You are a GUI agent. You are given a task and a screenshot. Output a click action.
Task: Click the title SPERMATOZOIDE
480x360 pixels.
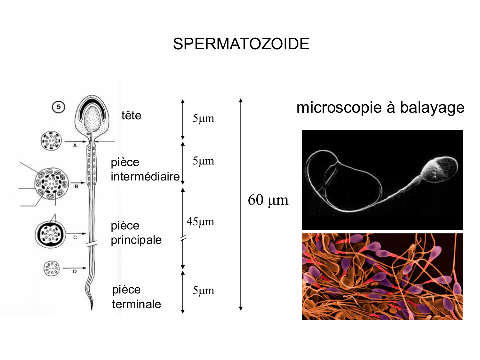(241, 44)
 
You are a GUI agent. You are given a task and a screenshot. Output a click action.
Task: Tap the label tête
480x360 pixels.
(131, 115)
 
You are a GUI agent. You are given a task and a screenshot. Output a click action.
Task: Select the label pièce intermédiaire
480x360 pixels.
(145, 169)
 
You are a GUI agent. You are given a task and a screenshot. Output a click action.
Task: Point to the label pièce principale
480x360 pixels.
(136, 233)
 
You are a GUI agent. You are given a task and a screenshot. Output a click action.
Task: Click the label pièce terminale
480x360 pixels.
(136, 297)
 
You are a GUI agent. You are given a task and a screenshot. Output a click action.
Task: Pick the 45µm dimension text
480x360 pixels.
(200, 221)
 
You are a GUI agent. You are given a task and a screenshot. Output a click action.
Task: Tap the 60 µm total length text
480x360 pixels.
(268, 200)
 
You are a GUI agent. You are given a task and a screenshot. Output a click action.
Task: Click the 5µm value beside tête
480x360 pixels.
(203, 118)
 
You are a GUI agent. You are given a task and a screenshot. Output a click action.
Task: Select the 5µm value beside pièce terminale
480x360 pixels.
(203, 291)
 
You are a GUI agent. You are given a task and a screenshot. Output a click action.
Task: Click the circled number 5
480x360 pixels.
(58, 107)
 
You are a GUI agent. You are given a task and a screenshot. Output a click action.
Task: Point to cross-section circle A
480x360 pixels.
(51, 141)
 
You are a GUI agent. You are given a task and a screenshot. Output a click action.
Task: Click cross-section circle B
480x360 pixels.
(52, 183)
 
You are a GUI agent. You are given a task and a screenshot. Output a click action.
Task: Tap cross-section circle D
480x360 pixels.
(52, 268)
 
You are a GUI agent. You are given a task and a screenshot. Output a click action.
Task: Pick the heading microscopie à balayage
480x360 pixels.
(380, 108)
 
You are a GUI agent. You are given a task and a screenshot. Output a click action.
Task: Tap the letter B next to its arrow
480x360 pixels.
(76, 186)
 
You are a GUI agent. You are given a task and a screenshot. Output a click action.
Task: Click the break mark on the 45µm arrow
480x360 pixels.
(183, 238)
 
